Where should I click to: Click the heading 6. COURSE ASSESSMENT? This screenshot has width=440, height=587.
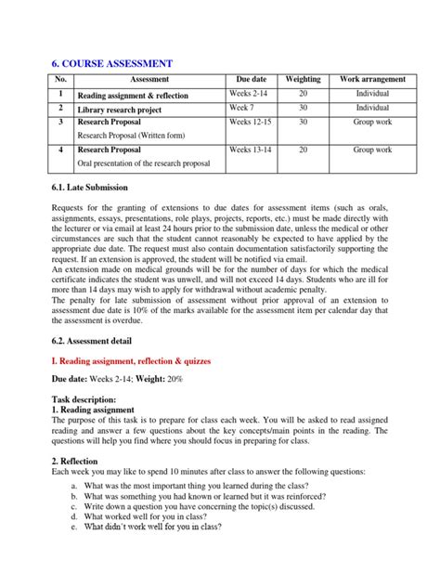tap(111, 63)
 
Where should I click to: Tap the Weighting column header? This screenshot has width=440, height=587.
tap(303, 81)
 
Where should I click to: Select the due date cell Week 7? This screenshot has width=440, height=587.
tap(243, 108)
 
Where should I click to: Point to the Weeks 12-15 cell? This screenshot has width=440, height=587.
tap(252, 122)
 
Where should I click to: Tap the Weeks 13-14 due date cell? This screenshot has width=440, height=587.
tap(252, 149)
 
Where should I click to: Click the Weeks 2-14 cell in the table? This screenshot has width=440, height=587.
tap(251, 94)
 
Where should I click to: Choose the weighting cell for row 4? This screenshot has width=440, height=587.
tap(303, 149)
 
